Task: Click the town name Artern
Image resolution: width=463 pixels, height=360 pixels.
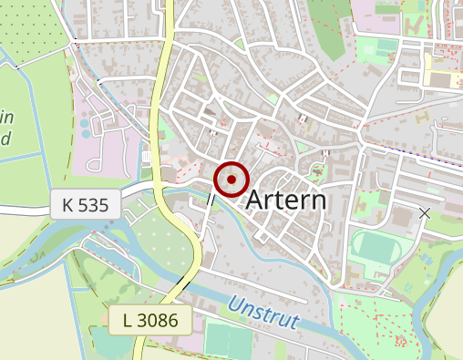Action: (x=286, y=201)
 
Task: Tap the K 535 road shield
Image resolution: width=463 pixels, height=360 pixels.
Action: (x=86, y=205)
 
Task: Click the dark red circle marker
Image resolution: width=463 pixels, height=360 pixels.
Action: (x=231, y=180)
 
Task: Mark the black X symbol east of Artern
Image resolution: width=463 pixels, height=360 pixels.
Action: (x=424, y=213)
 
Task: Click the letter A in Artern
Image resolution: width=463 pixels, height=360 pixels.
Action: (x=257, y=201)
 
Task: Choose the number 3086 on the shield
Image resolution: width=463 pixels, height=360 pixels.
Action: (x=164, y=320)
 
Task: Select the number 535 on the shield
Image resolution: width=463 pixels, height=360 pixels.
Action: (x=94, y=205)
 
